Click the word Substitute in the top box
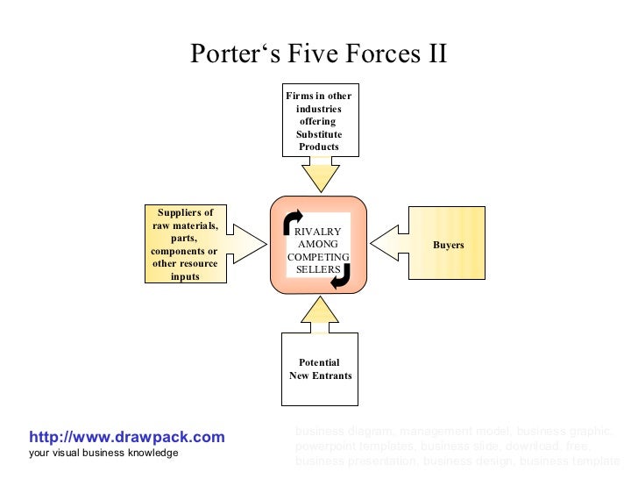(x=319, y=134)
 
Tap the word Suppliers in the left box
(x=185, y=213)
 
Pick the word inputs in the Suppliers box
(x=185, y=276)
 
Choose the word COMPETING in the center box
(x=318, y=256)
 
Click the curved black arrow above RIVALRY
(x=293, y=222)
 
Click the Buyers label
(x=448, y=245)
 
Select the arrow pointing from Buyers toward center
(x=390, y=240)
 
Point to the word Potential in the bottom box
(x=319, y=363)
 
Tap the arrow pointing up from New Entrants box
(x=319, y=313)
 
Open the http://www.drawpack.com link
(x=127, y=437)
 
